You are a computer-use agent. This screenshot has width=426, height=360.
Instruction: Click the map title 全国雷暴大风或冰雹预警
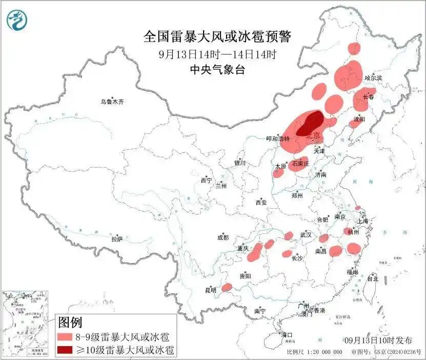[x=217, y=37]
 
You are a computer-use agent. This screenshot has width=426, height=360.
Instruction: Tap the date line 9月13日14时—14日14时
[x=217, y=54]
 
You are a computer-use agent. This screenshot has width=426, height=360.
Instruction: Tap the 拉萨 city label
[x=117, y=238]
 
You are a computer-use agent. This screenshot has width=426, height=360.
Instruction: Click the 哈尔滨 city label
[x=373, y=78]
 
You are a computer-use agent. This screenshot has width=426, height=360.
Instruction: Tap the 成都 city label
[x=223, y=237]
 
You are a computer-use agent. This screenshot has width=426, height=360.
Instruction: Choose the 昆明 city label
[x=211, y=290]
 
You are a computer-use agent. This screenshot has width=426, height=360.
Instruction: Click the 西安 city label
[x=260, y=203]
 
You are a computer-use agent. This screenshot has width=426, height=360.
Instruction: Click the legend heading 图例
[x=70, y=323]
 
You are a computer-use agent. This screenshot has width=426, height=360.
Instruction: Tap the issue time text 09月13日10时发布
[x=378, y=340]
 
